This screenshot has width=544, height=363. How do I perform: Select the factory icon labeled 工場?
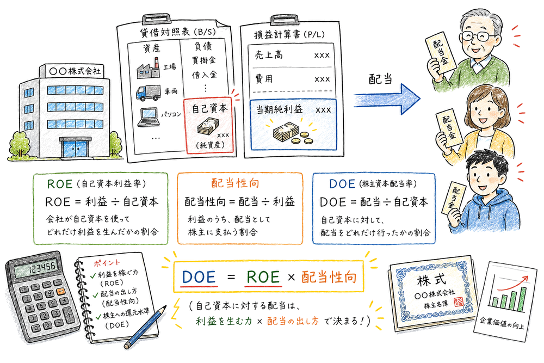point(149,70)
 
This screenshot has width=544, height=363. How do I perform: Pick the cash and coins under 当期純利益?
point(291,132)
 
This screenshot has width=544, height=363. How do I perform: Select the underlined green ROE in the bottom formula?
point(264,277)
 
